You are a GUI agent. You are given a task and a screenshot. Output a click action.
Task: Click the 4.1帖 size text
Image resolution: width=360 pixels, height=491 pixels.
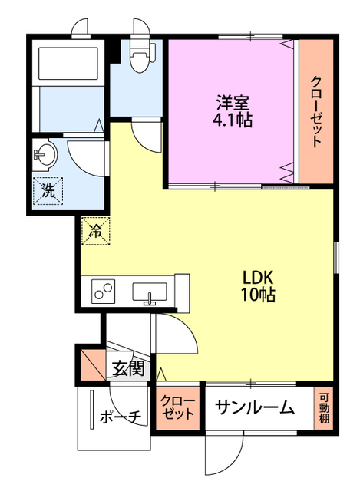pos(232,120)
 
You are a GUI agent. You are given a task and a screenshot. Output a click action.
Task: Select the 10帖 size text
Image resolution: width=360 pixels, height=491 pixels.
pos(259,295)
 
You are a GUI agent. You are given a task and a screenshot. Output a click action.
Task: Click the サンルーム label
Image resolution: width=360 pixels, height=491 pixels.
pos(255,408)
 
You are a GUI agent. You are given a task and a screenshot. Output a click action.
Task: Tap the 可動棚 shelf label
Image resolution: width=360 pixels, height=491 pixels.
pos(325,408)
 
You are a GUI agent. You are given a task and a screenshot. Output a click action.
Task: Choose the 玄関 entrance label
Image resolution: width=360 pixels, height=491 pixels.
pos(127,368)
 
